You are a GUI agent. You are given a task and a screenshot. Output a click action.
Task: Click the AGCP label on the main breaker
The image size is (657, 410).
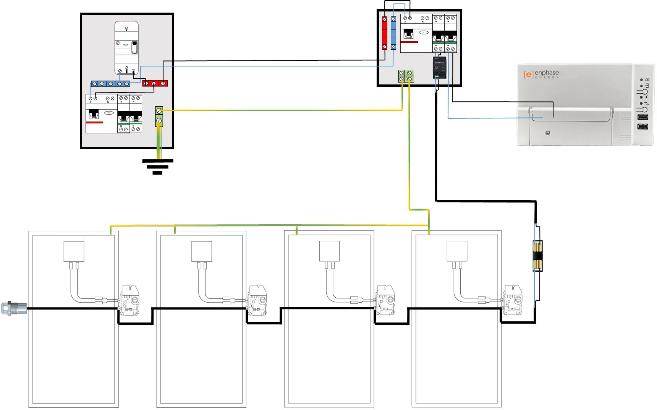click(126, 45)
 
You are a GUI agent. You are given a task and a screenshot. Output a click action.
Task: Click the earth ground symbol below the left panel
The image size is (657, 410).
click(157, 167)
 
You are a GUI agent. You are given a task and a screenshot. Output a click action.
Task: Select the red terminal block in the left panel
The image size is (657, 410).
click(155, 83)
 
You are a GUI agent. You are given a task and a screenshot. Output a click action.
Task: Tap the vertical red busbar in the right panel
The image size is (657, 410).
click(385, 33)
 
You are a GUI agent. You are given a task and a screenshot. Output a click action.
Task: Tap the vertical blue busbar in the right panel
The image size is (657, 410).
click(393, 33)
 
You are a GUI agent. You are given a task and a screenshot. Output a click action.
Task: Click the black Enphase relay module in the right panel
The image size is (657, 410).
click(439, 68)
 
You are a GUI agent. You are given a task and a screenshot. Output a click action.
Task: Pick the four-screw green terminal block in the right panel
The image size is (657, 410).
click(406, 76)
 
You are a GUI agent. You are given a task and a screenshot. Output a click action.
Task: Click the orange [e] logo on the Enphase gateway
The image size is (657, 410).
click(528, 75)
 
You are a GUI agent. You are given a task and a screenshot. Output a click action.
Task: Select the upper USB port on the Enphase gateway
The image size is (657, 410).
click(643, 117)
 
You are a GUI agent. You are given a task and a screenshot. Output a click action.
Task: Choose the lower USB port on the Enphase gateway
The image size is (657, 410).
click(643, 126)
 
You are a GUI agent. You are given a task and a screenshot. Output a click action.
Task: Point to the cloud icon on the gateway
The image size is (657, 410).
click(647, 79)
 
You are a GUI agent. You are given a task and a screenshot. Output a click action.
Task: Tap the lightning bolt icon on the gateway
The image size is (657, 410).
click(646, 97)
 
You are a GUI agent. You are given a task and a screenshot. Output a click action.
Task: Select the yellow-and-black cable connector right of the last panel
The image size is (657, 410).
click(537, 256)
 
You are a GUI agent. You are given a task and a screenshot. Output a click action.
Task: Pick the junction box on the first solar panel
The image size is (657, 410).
click(74, 251)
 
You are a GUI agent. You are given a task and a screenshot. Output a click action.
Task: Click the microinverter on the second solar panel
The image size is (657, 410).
click(257, 300)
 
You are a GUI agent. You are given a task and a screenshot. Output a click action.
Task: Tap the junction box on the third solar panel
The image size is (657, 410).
click(329, 251)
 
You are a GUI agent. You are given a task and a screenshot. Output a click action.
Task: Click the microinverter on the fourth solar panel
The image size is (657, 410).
click(513, 300)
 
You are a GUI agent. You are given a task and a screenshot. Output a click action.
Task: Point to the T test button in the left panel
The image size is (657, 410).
click(110, 113)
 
